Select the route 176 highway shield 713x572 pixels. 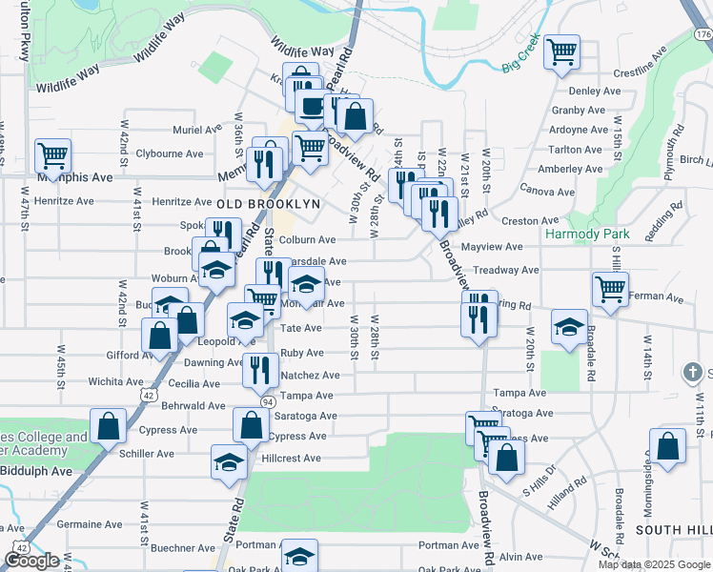[703, 34]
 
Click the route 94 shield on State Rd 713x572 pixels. [268, 401]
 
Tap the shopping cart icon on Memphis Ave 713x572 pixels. [53, 154]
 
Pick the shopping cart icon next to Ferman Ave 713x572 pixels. [610, 287]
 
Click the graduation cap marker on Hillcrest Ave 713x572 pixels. [229, 461]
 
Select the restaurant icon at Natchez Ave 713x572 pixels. [259, 369]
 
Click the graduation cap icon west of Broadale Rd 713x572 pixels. [569, 329]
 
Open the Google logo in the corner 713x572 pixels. [31, 561]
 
